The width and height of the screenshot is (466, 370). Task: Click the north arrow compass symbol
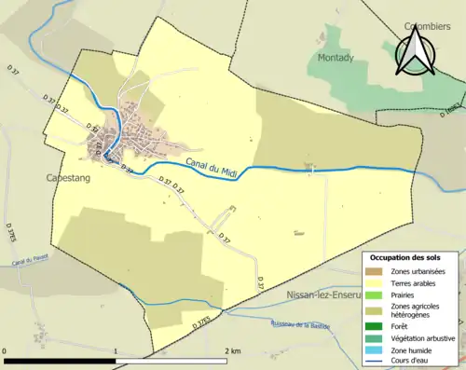(x=412, y=51)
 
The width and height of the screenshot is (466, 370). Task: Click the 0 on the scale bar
(x=5, y=350)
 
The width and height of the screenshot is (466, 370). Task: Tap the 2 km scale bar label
(x=232, y=350)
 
